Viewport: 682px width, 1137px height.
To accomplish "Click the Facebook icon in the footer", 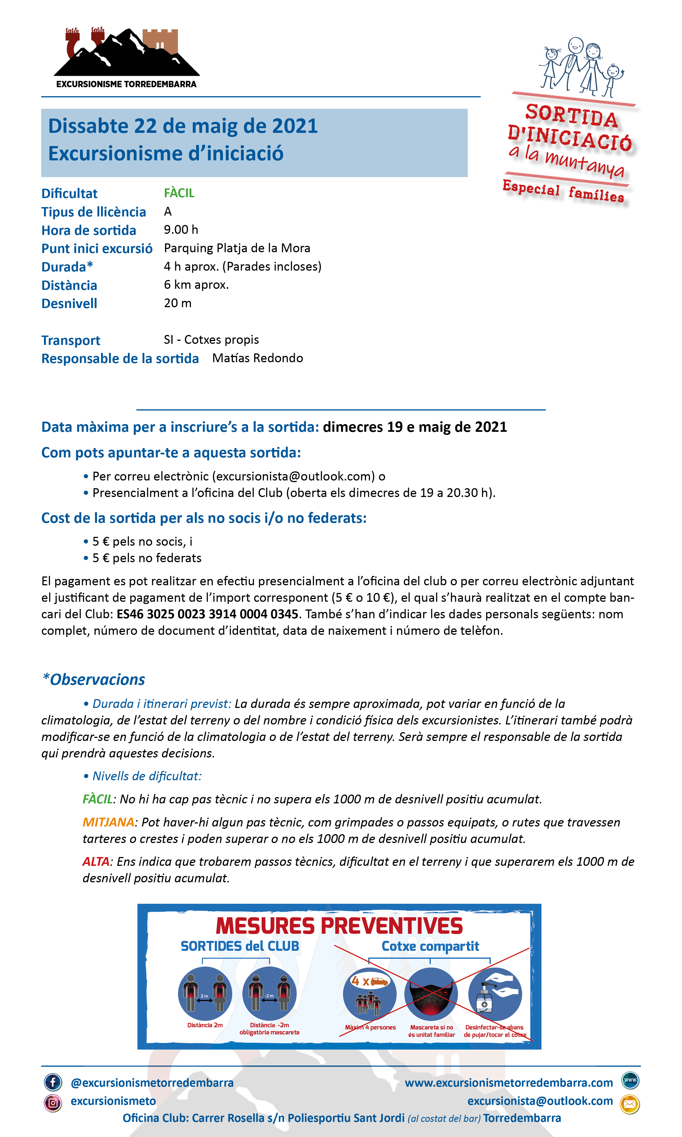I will (x=53, y=1082).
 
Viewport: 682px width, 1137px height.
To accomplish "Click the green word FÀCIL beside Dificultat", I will (x=179, y=193).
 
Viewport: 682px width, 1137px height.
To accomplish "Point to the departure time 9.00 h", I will (x=181, y=230).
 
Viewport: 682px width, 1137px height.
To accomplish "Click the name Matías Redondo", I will (x=257, y=358).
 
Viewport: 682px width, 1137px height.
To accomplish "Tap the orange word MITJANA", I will (x=108, y=822).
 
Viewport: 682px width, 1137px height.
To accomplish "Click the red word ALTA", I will (x=96, y=862).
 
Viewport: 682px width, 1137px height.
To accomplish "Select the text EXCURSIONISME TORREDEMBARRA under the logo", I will (x=127, y=84).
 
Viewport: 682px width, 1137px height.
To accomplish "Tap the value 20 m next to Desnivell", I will (x=178, y=303).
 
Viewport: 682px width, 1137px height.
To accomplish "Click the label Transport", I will (x=71, y=340).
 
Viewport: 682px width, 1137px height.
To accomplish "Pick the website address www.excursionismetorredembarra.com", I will (x=509, y=1083).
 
